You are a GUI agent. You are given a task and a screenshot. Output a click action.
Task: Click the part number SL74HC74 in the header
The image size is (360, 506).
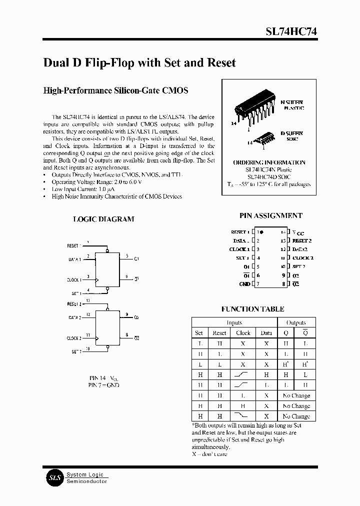pos(290,31)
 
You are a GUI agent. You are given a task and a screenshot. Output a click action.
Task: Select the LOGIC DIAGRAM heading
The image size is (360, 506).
pos(103,219)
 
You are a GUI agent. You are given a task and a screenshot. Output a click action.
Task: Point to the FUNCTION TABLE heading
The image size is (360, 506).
pos(252,309)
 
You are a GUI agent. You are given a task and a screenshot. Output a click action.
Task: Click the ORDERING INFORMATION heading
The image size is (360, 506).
pos(269,162)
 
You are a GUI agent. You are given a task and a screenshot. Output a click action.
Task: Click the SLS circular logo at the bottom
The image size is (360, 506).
pos(53,478)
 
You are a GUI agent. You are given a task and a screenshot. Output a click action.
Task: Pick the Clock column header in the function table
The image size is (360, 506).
pos(243,333)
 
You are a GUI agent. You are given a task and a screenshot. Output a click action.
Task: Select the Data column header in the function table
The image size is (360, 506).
pos(266,333)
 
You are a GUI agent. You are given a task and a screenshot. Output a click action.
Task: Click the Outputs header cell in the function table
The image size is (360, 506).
pos(296,322)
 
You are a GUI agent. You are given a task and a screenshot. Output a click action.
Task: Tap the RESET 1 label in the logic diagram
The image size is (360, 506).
pos(73,246)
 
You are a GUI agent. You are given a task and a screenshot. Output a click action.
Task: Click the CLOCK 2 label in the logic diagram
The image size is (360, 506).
pos(73,338)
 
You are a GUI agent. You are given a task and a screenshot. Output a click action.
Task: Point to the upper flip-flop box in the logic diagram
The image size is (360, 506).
pos(107,270)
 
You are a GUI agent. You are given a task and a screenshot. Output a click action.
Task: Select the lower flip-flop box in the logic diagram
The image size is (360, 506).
pos(107,327)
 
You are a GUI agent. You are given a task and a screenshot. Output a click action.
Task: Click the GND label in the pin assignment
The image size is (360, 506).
pos(244,284)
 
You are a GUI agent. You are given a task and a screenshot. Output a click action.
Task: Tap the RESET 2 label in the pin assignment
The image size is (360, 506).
pos(302,240)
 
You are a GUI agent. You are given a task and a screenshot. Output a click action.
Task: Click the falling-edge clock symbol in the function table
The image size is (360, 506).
pos(243,416)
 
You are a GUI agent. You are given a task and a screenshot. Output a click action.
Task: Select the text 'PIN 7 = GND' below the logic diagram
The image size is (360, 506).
pos(104,385)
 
